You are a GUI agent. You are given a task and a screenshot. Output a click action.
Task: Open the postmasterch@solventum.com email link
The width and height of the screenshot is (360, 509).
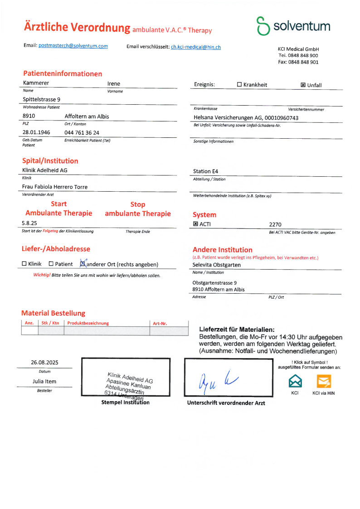coord(73,46)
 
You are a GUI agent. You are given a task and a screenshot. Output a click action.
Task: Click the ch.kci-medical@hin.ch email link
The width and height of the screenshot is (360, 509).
coord(195,47)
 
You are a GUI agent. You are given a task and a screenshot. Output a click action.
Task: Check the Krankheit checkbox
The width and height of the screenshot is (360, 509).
coord(239,85)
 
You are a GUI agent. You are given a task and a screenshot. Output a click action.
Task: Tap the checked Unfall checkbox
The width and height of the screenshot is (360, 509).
coord(303,85)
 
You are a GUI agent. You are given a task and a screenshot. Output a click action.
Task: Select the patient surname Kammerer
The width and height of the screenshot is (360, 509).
coord(36,83)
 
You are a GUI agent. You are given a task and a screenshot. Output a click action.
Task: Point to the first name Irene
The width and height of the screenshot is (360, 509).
coord(113,84)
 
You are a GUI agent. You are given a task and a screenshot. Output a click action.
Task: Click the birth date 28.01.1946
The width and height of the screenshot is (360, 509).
coord(36,132)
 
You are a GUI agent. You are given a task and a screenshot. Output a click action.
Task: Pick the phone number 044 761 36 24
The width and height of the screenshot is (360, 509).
coord(82,132)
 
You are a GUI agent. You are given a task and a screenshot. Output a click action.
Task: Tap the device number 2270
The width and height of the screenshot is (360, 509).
coord(275,224)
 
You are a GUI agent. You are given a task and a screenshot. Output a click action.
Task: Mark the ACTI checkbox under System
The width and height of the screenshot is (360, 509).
coord(196,224)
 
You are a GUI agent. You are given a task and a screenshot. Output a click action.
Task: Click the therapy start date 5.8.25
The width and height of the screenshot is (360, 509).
coord(29,223)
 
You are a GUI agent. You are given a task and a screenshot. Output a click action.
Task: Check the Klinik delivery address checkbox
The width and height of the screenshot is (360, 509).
coord(24,264)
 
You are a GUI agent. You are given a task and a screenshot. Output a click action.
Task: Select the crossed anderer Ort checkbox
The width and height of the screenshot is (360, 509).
coord(83,263)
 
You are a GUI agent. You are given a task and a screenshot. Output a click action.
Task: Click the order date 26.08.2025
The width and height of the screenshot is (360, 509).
coord(44,362)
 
